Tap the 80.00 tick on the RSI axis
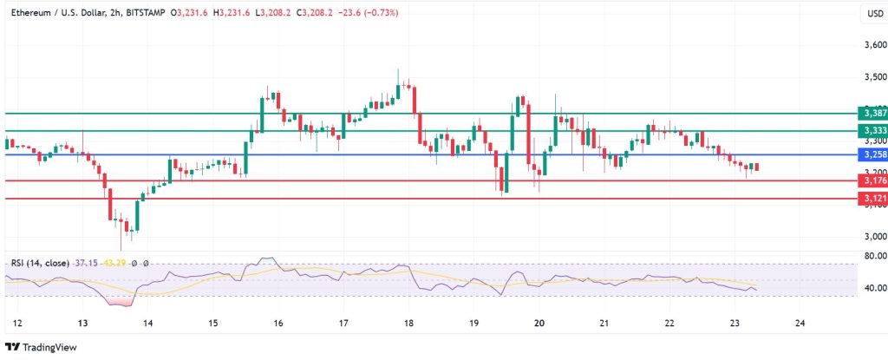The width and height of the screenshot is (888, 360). (x=871, y=256)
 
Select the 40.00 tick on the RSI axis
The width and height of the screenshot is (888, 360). (x=871, y=288)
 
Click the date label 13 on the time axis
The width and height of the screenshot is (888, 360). (x=82, y=322)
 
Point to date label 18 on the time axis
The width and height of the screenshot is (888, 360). (x=408, y=322)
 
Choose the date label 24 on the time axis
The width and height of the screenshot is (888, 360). (x=800, y=322)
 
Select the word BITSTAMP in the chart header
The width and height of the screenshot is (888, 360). (x=145, y=12)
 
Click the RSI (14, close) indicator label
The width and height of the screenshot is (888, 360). (x=40, y=263)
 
